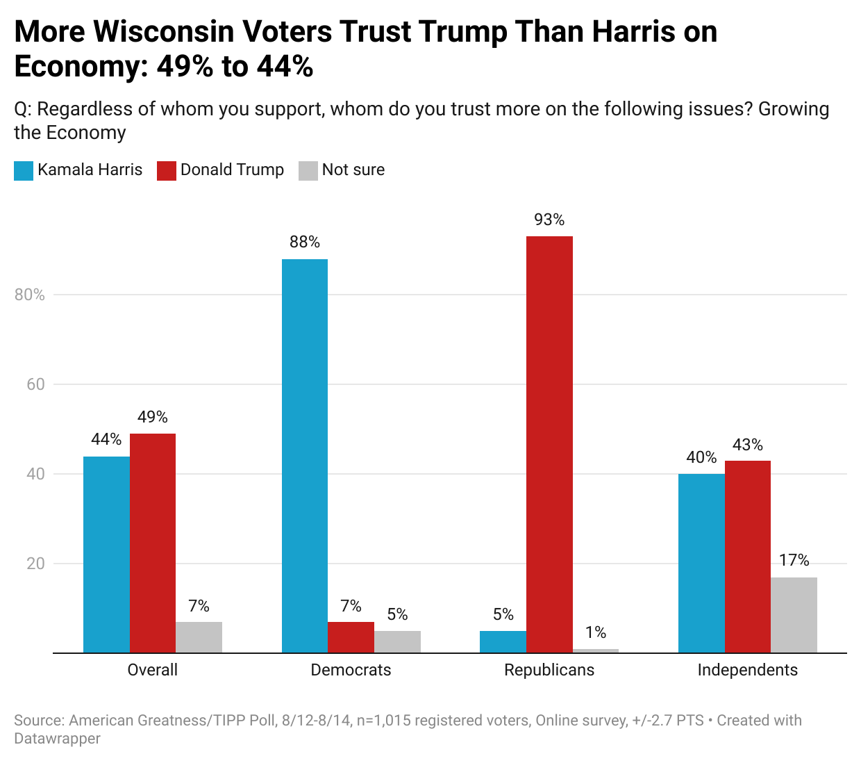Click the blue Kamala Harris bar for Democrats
[x=305, y=456]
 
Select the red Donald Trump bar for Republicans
[x=549, y=445]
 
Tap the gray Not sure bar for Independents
[x=794, y=615]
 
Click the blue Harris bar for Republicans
[x=503, y=642]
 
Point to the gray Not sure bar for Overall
[x=199, y=637]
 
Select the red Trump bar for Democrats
[x=351, y=637]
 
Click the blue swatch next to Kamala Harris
[x=24, y=171]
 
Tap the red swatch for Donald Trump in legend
[x=167, y=171]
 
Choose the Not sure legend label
[x=353, y=170]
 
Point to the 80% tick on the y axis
[x=30, y=295]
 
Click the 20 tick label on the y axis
[x=35, y=564]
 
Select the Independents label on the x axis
[x=747, y=670]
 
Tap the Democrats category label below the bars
[x=351, y=670]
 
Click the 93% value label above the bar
[x=549, y=220]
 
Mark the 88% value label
[x=305, y=243]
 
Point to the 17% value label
[x=794, y=561]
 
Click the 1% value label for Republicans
[x=596, y=632]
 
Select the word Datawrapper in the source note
[x=57, y=739]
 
